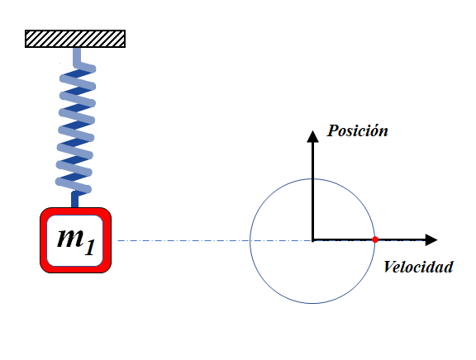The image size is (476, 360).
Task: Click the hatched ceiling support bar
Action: click(75, 39)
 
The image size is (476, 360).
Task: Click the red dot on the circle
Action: click(375, 239)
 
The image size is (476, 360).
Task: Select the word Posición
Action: click(357, 131)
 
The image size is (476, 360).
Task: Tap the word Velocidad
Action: click(418, 268)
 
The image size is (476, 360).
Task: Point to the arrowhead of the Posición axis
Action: click(312, 136)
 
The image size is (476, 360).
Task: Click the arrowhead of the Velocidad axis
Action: click(431, 240)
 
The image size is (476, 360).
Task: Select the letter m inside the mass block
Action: click(70, 238)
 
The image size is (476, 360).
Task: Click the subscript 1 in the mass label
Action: click(90, 248)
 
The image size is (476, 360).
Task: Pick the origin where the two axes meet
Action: click(312, 240)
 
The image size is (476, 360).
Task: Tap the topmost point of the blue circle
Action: click(312, 179)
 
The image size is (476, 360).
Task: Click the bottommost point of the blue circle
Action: click(312, 303)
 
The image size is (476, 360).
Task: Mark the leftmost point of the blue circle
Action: click(250, 241)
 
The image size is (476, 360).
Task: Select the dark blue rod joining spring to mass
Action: click(74, 200)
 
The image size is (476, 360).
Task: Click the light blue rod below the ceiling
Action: click(77, 56)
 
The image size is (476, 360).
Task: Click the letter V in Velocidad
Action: click(388, 267)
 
